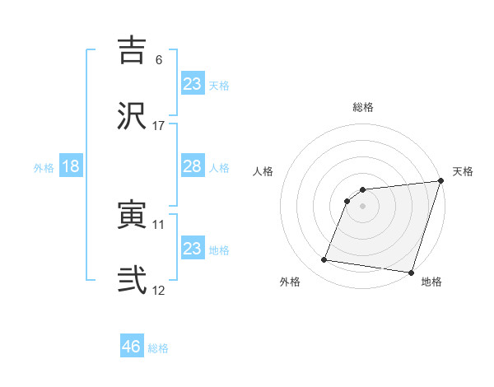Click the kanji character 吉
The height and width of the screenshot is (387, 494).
pos(133,50)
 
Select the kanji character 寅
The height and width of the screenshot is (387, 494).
pos(133,216)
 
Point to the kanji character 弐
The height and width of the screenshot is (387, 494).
pos(133,279)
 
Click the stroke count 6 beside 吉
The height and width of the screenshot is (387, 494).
pos(159,60)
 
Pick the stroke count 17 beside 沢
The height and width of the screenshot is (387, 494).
pos(159,125)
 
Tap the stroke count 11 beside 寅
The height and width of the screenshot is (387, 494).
pos(159,225)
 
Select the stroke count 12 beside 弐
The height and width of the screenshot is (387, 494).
pos(159,290)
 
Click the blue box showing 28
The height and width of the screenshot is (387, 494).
pos(193,166)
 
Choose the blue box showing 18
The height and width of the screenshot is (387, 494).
pos(71,166)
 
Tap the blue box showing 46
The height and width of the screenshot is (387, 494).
pos(132,347)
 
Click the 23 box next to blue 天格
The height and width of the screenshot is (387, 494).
pos(193,83)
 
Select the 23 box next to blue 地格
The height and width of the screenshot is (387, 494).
pos(193,248)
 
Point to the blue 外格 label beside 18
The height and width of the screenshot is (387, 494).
pos(44,167)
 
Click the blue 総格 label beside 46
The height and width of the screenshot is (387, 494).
pos(158,348)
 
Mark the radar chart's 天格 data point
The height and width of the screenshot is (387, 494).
pos(440,182)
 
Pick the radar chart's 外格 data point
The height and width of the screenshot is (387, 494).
pos(324,260)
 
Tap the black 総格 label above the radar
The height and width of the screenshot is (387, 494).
pos(362,108)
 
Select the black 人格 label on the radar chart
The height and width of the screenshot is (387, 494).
pos(263,171)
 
